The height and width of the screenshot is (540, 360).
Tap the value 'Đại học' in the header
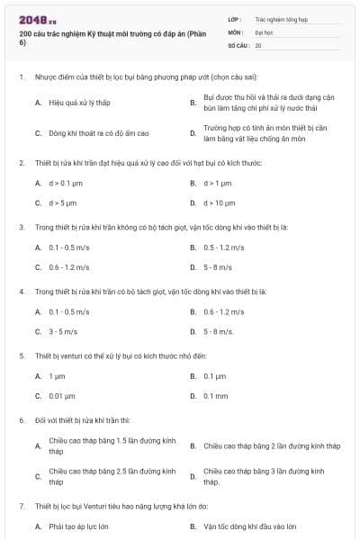(x=264, y=31)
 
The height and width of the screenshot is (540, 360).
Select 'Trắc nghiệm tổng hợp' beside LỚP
(x=280, y=18)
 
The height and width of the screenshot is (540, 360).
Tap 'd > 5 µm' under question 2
(x=64, y=202)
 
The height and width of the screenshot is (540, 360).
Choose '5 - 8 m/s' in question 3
(x=218, y=267)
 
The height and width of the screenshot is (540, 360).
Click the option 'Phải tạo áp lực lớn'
(x=78, y=526)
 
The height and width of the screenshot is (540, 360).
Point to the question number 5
(x=21, y=356)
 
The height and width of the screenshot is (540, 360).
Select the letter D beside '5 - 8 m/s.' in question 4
(x=193, y=331)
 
